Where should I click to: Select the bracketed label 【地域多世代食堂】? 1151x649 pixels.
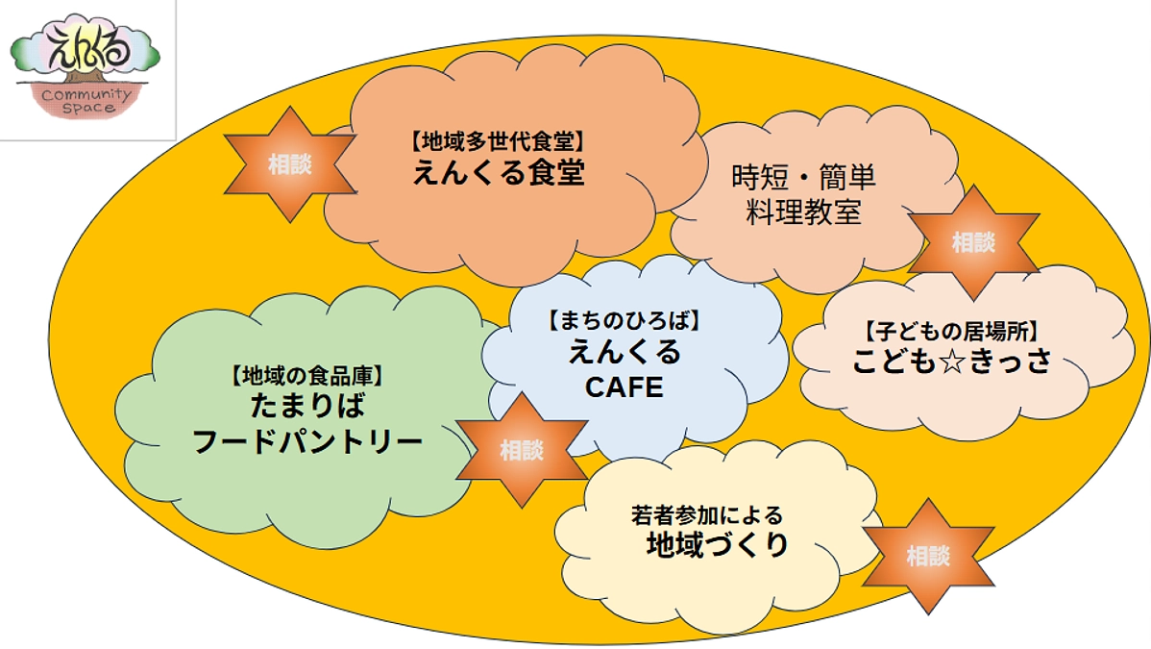499,140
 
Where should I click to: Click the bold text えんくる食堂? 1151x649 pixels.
499,173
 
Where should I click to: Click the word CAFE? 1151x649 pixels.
624,387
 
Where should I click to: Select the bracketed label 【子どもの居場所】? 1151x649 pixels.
949,333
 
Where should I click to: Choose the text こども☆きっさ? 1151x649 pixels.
949,362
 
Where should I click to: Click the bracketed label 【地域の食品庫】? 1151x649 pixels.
307,372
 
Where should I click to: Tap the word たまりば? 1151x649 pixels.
307,405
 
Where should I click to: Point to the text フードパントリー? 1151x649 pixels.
307,441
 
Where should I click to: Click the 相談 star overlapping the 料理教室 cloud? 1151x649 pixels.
972,243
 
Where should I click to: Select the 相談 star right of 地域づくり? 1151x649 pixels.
927,555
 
